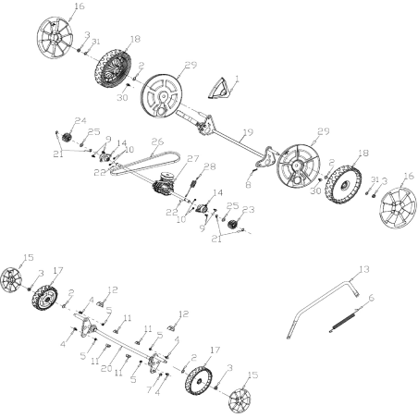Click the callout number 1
coord(236,79)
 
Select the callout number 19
coord(247,132)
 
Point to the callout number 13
coord(363,269)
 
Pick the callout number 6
coord(371,298)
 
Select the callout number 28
coord(210,166)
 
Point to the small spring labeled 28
coord(195,186)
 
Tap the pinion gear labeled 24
coord(68,138)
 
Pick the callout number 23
coord(247,210)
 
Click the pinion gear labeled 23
coord(232,227)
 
